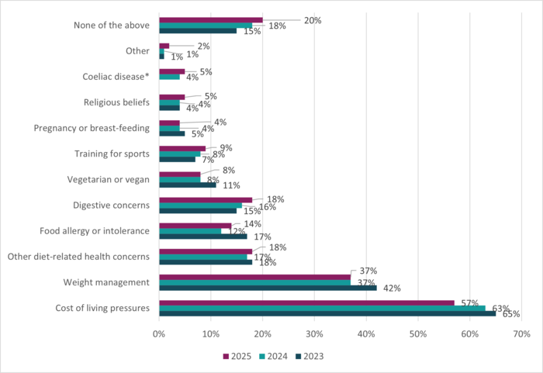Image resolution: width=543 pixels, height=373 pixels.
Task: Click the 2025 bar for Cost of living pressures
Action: point(306,302)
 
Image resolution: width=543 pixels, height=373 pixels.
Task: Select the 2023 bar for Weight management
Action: point(268,287)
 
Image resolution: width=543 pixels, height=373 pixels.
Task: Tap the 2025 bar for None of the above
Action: point(210,20)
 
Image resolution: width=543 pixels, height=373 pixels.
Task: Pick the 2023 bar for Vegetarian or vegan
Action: point(187,185)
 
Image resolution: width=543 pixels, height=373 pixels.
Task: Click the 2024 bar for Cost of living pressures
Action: point(322,308)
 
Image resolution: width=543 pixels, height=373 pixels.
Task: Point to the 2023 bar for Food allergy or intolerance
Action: point(202,236)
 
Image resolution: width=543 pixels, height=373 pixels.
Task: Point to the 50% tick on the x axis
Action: point(417,334)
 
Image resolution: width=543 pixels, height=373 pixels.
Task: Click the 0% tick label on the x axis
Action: point(159,334)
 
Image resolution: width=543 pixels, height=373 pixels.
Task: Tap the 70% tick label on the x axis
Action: point(521,334)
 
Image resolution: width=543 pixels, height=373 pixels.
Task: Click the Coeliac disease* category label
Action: point(116,77)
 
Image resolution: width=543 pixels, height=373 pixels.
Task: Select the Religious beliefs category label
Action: point(116,102)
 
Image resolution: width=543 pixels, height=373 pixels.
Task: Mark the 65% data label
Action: point(510,315)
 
